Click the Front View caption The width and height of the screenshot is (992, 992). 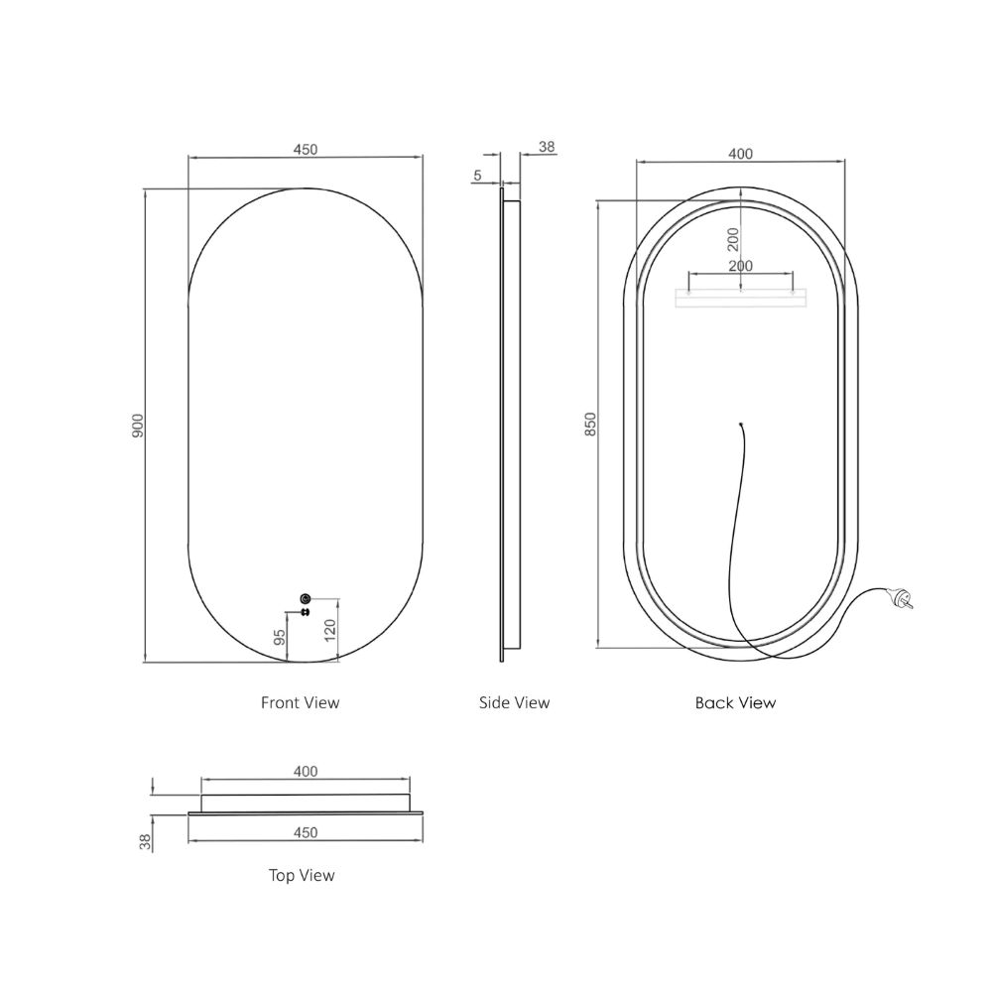(300, 703)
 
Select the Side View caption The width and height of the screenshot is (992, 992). (514, 703)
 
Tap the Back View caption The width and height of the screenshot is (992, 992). (735, 703)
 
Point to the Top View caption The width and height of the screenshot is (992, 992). (302, 876)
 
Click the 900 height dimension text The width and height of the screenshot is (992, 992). (138, 426)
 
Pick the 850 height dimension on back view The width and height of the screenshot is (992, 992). (590, 424)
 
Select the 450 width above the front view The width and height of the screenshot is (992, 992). (306, 150)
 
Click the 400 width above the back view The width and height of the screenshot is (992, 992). (740, 154)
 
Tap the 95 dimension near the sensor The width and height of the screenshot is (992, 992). (279, 637)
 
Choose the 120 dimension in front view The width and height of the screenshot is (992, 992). (329, 630)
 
